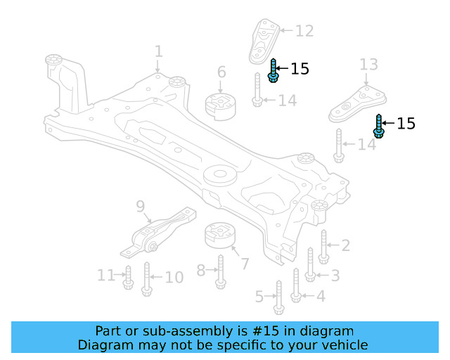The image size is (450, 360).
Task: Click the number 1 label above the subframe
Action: pos(158,51)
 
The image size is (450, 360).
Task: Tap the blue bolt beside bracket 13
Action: pos(379,126)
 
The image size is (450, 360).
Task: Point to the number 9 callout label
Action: pos(140,206)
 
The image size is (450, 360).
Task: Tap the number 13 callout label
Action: pos(369,65)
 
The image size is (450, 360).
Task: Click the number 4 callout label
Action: pos(320,296)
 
